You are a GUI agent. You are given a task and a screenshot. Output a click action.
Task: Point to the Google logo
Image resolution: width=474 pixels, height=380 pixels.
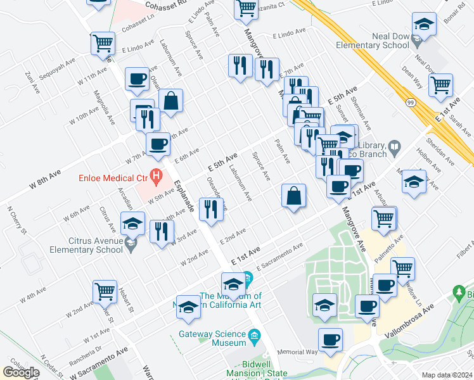point(20,372)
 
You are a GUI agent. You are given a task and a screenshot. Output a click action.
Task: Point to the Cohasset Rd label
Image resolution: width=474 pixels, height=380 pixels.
point(167,6)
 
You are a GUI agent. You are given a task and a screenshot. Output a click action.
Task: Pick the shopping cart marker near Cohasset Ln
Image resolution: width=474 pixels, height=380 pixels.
point(102,44)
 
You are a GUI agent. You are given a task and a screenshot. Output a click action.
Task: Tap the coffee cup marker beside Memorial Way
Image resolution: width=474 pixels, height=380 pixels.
point(330,339)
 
